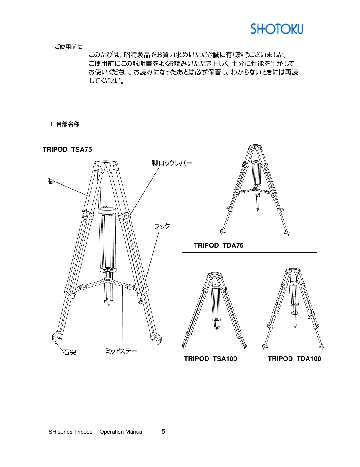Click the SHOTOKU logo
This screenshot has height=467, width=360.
pyautogui.click(x=276, y=29)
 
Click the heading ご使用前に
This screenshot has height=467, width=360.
pyautogui.click(x=68, y=47)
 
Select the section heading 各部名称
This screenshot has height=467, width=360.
pyautogui.click(x=68, y=124)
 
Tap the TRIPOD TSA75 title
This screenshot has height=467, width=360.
pyautogui.click(x=67, y=149)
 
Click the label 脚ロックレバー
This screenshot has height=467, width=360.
pyautogui.click(x=172, y=163)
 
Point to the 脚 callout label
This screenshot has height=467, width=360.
pyautogui.click(x=51, y=181)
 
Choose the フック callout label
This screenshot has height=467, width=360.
pyautogui.click(x=162, y=226)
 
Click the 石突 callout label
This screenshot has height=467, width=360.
pyautogui.click(x=70, y=352)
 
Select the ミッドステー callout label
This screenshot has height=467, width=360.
pyautogui.click(x=121, y=351)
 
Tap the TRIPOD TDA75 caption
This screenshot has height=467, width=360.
pyautogui.click(x=219, y=245)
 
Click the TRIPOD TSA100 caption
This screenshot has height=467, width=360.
pyautogui.click(x=210, y=359)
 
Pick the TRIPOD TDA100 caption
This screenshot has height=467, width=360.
pyautogui.click(x=294, y=359)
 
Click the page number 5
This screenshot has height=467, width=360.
pyautogui.click(x=163, y=432)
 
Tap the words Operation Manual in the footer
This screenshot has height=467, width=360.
pyautogui.click(x=121, y=432)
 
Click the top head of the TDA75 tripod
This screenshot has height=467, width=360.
pyautogui.click(x=255, y=147)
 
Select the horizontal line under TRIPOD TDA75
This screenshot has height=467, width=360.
pyautogui.click(x=249, y=252)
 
